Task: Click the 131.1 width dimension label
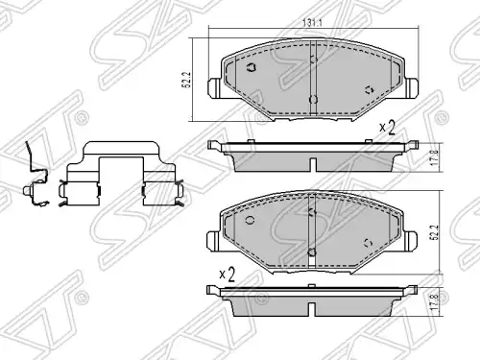pyautogui.click(x=312, y=23)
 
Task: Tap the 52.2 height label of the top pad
pyautogui.click(x=187, y=80)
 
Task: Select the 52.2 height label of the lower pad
pyautogui.click(x=434, y=232)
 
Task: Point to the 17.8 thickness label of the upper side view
pyautogui.click(x=434, y=157)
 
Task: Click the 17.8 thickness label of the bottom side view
pyautogui.click(x=434, y=302)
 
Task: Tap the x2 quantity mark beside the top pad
pyautogui.click(x=387, y=128)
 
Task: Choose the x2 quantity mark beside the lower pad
pyautogui.click(x=228, y=275)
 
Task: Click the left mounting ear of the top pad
pyautogui.click(x=214, y=88)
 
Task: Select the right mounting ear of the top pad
pyautogui.click(x=412, y=87)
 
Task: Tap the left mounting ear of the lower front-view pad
pyautogui.click(x=213, y=241)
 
